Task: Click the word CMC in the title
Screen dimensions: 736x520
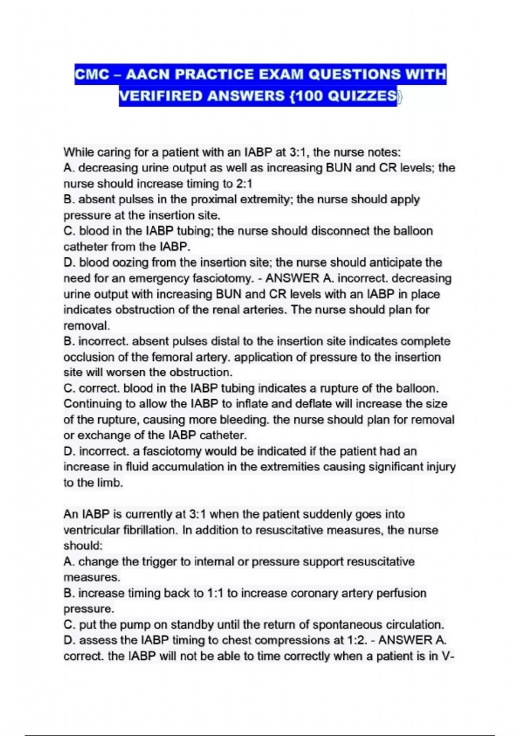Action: pos(92,74)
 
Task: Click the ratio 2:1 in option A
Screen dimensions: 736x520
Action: pos(244,184)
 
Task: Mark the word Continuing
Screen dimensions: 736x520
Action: pos(93,404)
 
